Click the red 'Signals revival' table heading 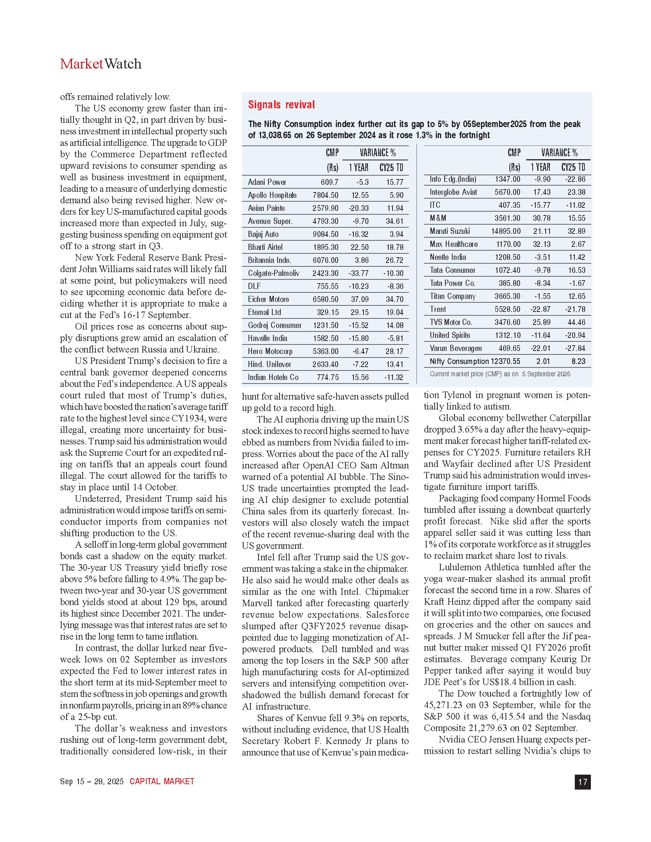coord(281,105)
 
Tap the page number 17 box coord(582,782)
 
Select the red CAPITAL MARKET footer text coord(162,782)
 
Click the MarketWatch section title coord(101,64)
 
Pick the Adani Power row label coord(267,182)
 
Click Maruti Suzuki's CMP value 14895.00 coord(505,231)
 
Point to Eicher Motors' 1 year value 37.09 coord(359,299)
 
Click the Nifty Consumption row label coord(459,361)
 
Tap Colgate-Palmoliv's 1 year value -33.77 coord(359,273)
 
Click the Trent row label coord(438,309)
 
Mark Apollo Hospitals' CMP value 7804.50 coord(325,195)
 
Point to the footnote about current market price coord(500,374)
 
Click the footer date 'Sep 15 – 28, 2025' coord(92,782)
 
